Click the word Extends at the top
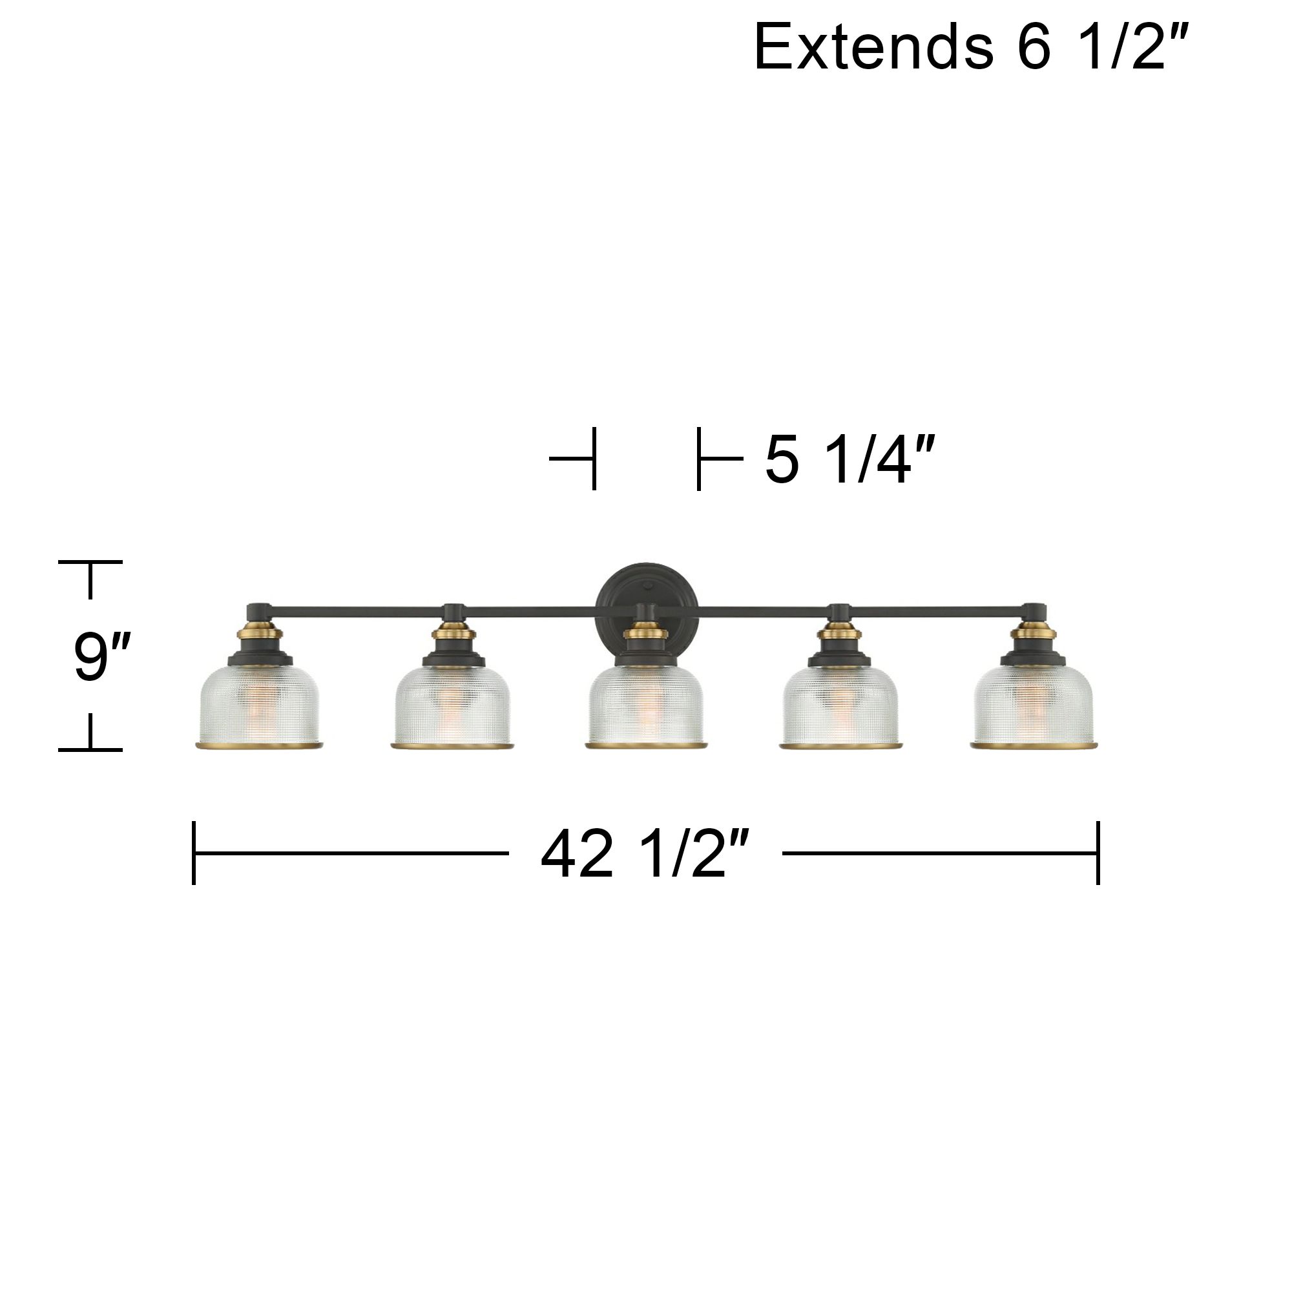click(873, 47)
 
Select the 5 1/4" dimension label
click(848, 459)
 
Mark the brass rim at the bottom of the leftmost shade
click(260, 744)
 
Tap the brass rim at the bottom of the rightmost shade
click(1032, 744)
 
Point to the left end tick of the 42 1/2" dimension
click(194, 853)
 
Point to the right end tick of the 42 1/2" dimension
click(1098, 853)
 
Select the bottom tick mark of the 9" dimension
click(90, 749)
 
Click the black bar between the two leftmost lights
click(355, 610)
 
